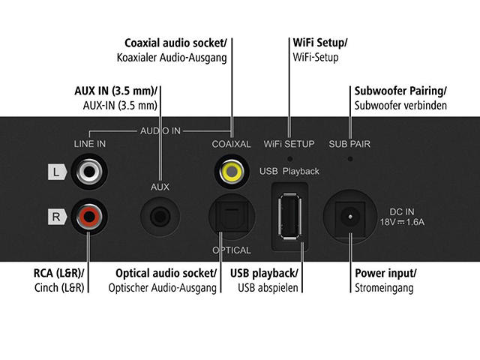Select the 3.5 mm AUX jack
[160, 218]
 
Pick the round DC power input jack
[349, 217]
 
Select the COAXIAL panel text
[231, 143]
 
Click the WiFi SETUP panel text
[289, 143]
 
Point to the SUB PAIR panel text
[350, 143]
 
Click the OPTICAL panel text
[232, 250]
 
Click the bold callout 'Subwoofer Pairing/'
[400, 91]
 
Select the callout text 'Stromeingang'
[385, 287]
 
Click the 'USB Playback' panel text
[289, 171]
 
